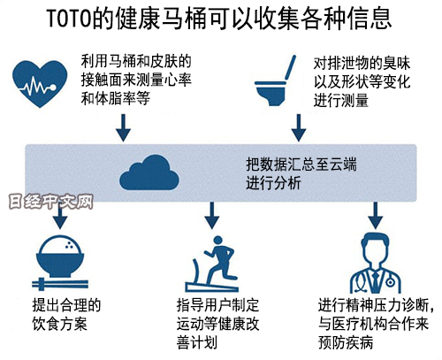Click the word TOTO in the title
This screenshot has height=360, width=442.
[x=69, y=19]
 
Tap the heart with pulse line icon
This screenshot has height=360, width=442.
[x=40, y=84]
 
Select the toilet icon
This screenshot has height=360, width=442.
[x=275, y=81]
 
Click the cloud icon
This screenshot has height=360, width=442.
[x=149, y=172]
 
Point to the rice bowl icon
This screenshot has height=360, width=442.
[x=60, y=256]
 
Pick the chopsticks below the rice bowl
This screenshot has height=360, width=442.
[x=60, y=284]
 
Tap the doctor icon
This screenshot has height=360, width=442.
[x=375, y=263]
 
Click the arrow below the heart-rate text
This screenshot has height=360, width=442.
[x=123, y=127]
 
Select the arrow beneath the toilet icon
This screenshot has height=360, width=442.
[x=299, y=127]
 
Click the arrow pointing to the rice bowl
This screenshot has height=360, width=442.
[x=60, y=218]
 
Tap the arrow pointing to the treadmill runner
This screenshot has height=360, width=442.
[x=212, y=215]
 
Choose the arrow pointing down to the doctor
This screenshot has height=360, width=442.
[x=375, y=215]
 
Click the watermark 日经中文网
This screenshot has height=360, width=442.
[x=50, y=202]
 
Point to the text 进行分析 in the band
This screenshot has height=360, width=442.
[x=273, y=183]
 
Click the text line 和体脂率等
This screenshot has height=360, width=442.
[x=116, y=98]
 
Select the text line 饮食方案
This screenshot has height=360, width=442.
[x=60, y=324]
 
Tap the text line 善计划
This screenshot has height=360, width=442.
[x=197, y=342]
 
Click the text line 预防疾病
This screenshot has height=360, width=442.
[x=346, y=342]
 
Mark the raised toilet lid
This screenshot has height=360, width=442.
[x=290, y=68]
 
